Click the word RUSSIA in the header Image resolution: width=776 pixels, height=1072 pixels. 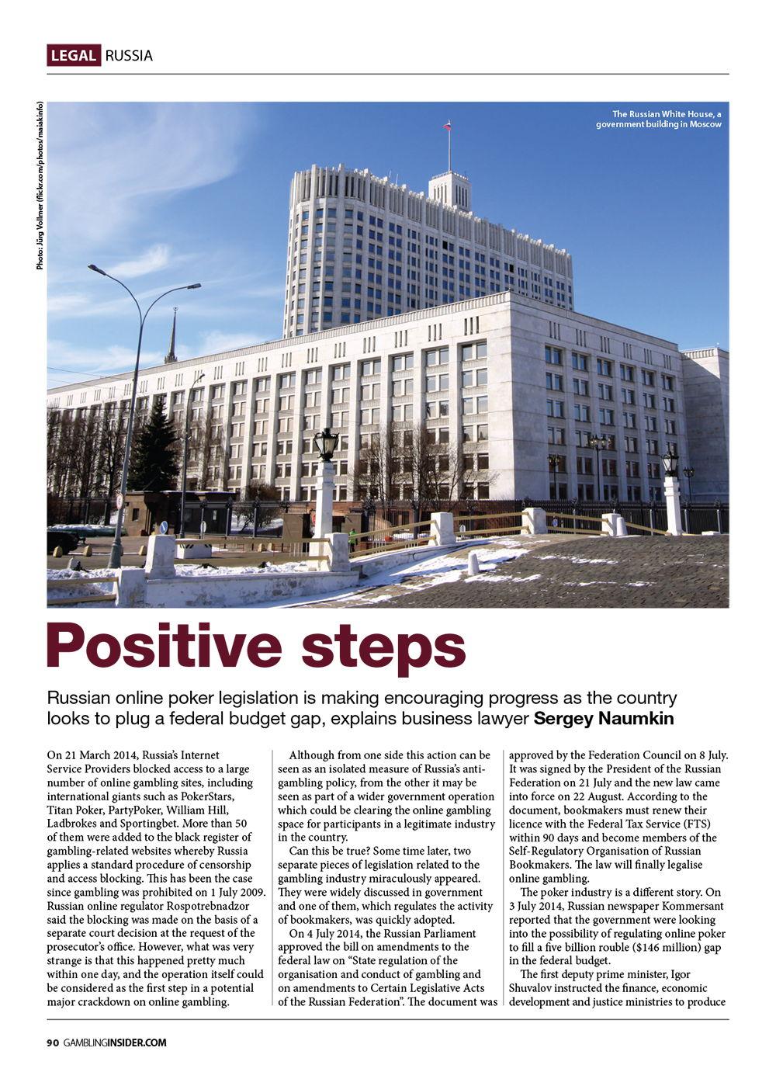[x=129, y=55]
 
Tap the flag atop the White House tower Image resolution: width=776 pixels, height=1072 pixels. [x=448, y=125]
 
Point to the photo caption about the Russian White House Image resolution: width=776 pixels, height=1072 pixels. [x=659, y=119]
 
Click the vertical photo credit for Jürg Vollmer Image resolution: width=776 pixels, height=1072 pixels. [x=40, y=186]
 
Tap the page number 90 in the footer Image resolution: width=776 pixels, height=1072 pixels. [x=52, y=1043]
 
